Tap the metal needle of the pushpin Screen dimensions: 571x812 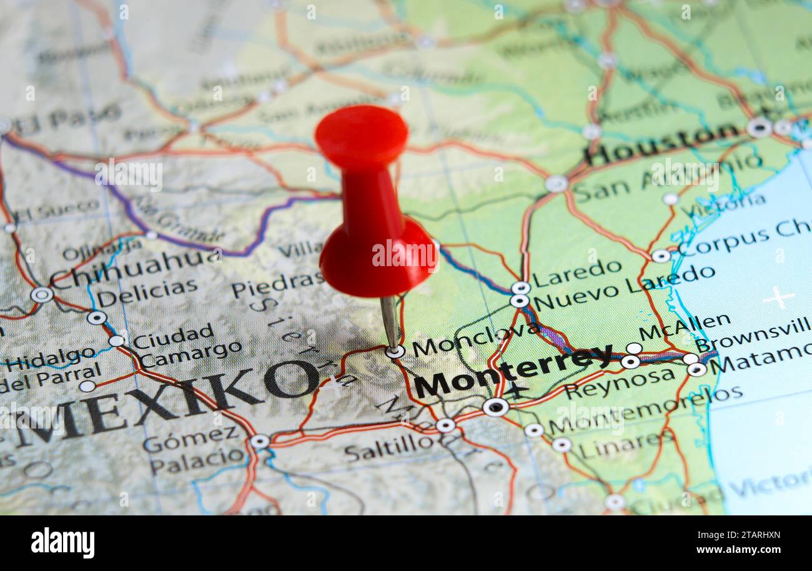[x=389, y=322]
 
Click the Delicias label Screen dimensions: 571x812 [x=147, y=292]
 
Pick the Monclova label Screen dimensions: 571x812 [x=475, y=339]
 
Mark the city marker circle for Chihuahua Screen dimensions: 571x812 [x=42, y=294]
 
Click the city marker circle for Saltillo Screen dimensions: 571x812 [x=445, y=425]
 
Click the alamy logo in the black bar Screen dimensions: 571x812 [x=62, y=542]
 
